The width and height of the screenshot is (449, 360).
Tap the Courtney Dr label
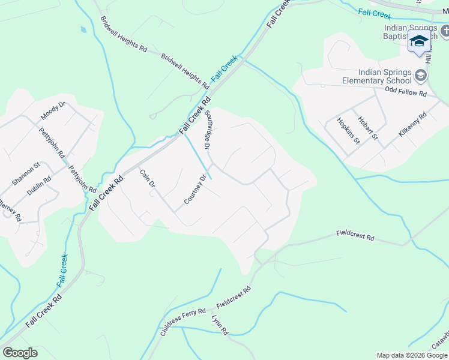click(x=196, y=189)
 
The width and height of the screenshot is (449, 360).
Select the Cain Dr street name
click(x=148, y=179)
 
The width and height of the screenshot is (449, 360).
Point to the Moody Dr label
click(x=53, y=111)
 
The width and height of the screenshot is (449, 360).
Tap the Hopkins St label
click(x=348, y=131)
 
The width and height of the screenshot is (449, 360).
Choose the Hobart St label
click(x=367, y=128)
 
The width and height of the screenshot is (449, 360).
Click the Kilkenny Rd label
click(x=413, y=124)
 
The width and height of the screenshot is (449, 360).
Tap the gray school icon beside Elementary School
click(x=421, y=75)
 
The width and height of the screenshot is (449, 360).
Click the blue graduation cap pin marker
click(x=419, y=42)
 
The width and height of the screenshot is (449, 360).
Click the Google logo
click(x=20, y=353)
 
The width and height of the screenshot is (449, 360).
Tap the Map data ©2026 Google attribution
click(x=412, y=355)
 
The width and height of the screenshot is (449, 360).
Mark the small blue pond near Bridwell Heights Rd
click(x=83, y=29)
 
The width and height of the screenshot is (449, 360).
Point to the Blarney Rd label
click(x=10, y=209)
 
